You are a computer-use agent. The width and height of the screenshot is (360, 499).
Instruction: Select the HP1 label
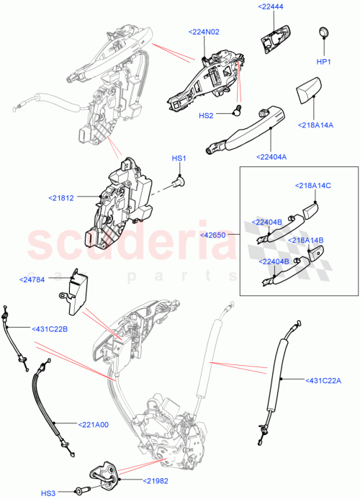[x=323, y=62]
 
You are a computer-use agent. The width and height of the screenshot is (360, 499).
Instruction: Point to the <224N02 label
[x=206, y=32]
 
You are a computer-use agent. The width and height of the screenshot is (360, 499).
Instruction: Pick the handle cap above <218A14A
[x=306, y=92]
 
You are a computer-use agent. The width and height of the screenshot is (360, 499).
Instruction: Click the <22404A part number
[x=270, y=156]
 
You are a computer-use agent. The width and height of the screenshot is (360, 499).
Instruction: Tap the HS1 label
[x=178, y=158]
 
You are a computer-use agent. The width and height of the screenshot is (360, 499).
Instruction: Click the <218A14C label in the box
[x=312, y=186]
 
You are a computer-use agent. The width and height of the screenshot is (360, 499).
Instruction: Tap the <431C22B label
[x=50, y=329]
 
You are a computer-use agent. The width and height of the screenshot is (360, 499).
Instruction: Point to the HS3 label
[x=48, y=493]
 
